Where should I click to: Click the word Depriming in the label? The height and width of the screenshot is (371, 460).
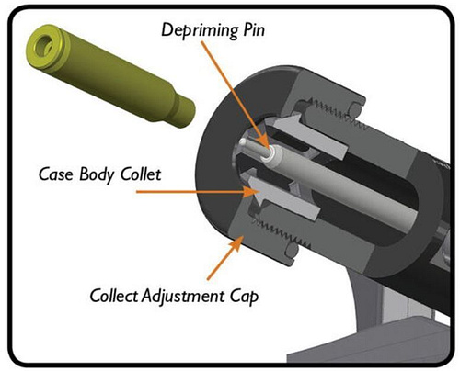(x=200, y=31)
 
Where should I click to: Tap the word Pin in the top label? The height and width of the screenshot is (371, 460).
(x=254, y=30)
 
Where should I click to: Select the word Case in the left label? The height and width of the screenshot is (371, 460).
(x=56, y=174)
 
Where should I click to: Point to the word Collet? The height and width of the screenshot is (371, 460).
(x=141, y=174)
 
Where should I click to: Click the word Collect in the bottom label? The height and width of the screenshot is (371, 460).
(x=114, y=296)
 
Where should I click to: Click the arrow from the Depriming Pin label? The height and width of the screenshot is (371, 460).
(x=235, y=96)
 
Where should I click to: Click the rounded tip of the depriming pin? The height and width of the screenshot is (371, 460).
(x=243, y=141)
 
